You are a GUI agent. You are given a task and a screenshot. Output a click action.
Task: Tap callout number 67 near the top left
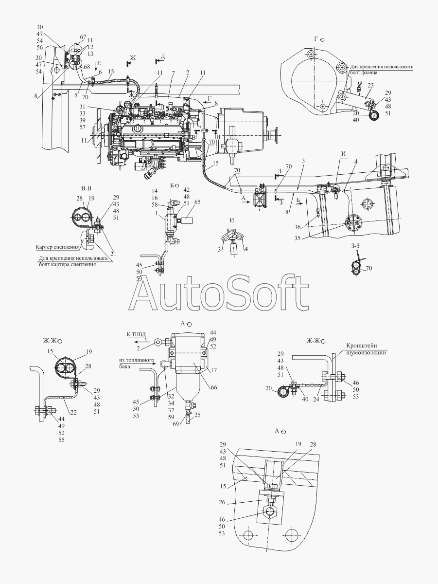[83, 37]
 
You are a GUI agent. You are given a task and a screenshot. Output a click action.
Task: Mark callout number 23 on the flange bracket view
[370, 86]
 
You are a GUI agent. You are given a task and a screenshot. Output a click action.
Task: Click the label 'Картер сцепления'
[53, 247]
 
